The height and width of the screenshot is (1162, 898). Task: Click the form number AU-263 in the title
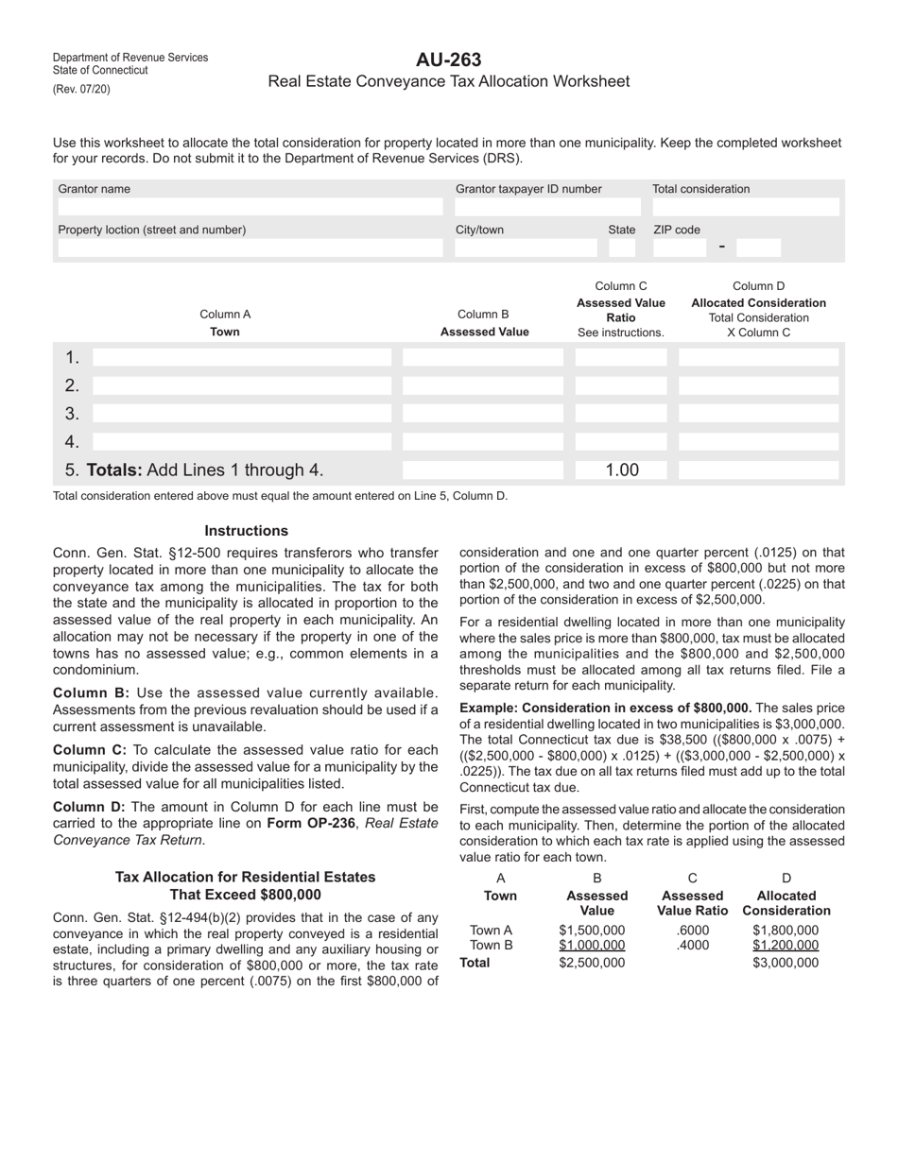tap(448, 60)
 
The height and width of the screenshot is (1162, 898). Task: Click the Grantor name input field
tap(250, 207)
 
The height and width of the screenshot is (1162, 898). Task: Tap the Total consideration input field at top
tap(746, 207)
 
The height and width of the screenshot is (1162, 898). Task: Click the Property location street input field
tap(250, 248)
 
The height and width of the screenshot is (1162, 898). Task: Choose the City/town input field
tap(526, 248)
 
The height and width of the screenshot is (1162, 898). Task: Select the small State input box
tap(622, 248)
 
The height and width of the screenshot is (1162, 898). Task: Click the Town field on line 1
tap(242, 358)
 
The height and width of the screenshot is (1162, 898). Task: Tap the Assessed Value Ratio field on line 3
tap(620, 414)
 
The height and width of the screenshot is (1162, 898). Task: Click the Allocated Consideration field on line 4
tap(759, 442)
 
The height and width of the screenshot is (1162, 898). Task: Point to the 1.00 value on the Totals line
tap(621, 470)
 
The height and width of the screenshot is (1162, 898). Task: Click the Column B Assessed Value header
tap(484, 323)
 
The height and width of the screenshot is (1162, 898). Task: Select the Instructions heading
tap(246, 531)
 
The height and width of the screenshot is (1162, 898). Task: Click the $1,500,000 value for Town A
tap(592, 930)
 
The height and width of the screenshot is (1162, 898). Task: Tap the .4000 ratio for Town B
tap(693, 945)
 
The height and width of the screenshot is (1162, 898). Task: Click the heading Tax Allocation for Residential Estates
tap(246, 877)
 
